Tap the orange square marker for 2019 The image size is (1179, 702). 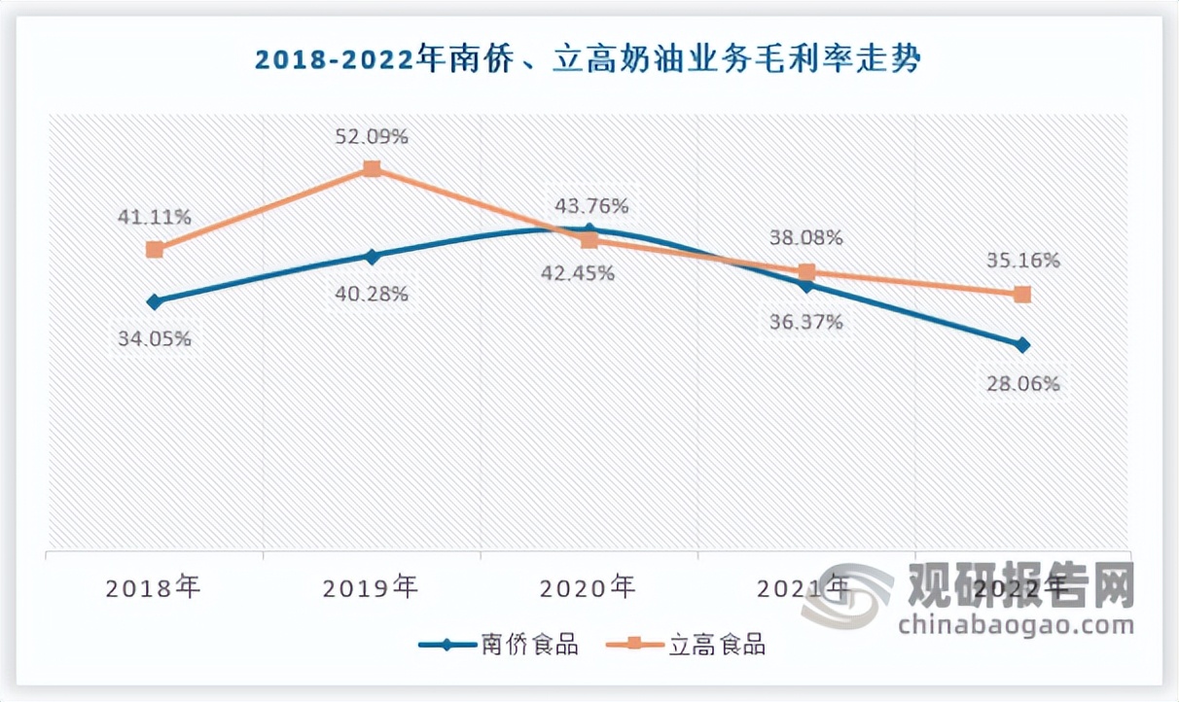click(x=371, y=169)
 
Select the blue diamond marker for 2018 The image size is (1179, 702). click(x=154, y=301)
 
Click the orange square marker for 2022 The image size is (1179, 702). click(x=1022, y=294)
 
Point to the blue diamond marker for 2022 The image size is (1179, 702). click(x=1022, y=345)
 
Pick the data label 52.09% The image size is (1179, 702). click(x=371, y=137)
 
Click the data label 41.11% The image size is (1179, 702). click(x=154, y=217)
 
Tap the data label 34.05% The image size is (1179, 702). click(x=154, y=339)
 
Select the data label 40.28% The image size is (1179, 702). click(x=371, y=294)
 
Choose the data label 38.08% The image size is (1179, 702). click(x=805, y=237)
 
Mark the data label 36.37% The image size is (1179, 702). click(x=805, y=322)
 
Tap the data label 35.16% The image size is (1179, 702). click(x=1022, y=261)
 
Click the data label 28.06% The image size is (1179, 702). click(x=1022, y=383)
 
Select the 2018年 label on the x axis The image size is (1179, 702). click(x=154, y=587)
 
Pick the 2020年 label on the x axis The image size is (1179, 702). click(x=589, y=587)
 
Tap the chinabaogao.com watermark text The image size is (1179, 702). click(x=1016, y=624)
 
